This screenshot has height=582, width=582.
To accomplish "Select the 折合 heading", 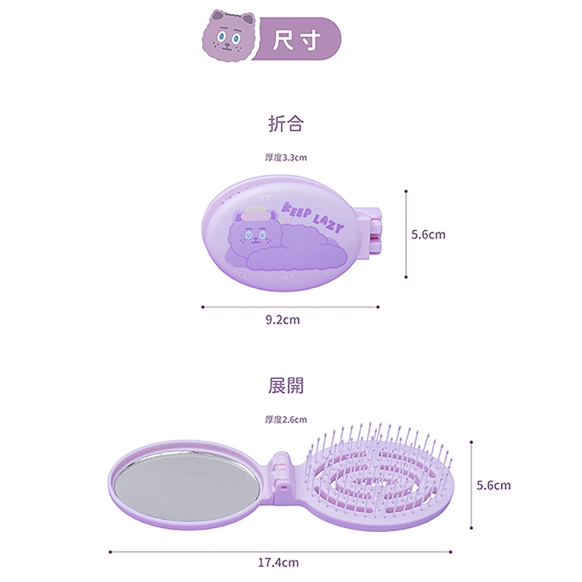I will (x=285, y=124).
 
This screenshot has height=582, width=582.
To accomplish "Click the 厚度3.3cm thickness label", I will (x=286, y=157).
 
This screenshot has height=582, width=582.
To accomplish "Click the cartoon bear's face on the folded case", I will (x=251, y=234).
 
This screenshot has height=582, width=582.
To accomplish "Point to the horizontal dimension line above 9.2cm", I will (x=290, y=307).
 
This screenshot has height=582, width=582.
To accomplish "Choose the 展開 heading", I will (x=285, y=386).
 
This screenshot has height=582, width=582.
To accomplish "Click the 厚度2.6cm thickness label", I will (x=286, y=419).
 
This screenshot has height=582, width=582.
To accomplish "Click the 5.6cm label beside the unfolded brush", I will (x=493, y=485).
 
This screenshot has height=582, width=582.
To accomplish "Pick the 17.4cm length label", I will (x=278, y=562).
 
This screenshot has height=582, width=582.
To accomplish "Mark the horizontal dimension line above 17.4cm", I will (x=284, y=551).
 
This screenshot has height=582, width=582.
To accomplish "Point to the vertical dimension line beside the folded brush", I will (x=405, y=234).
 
